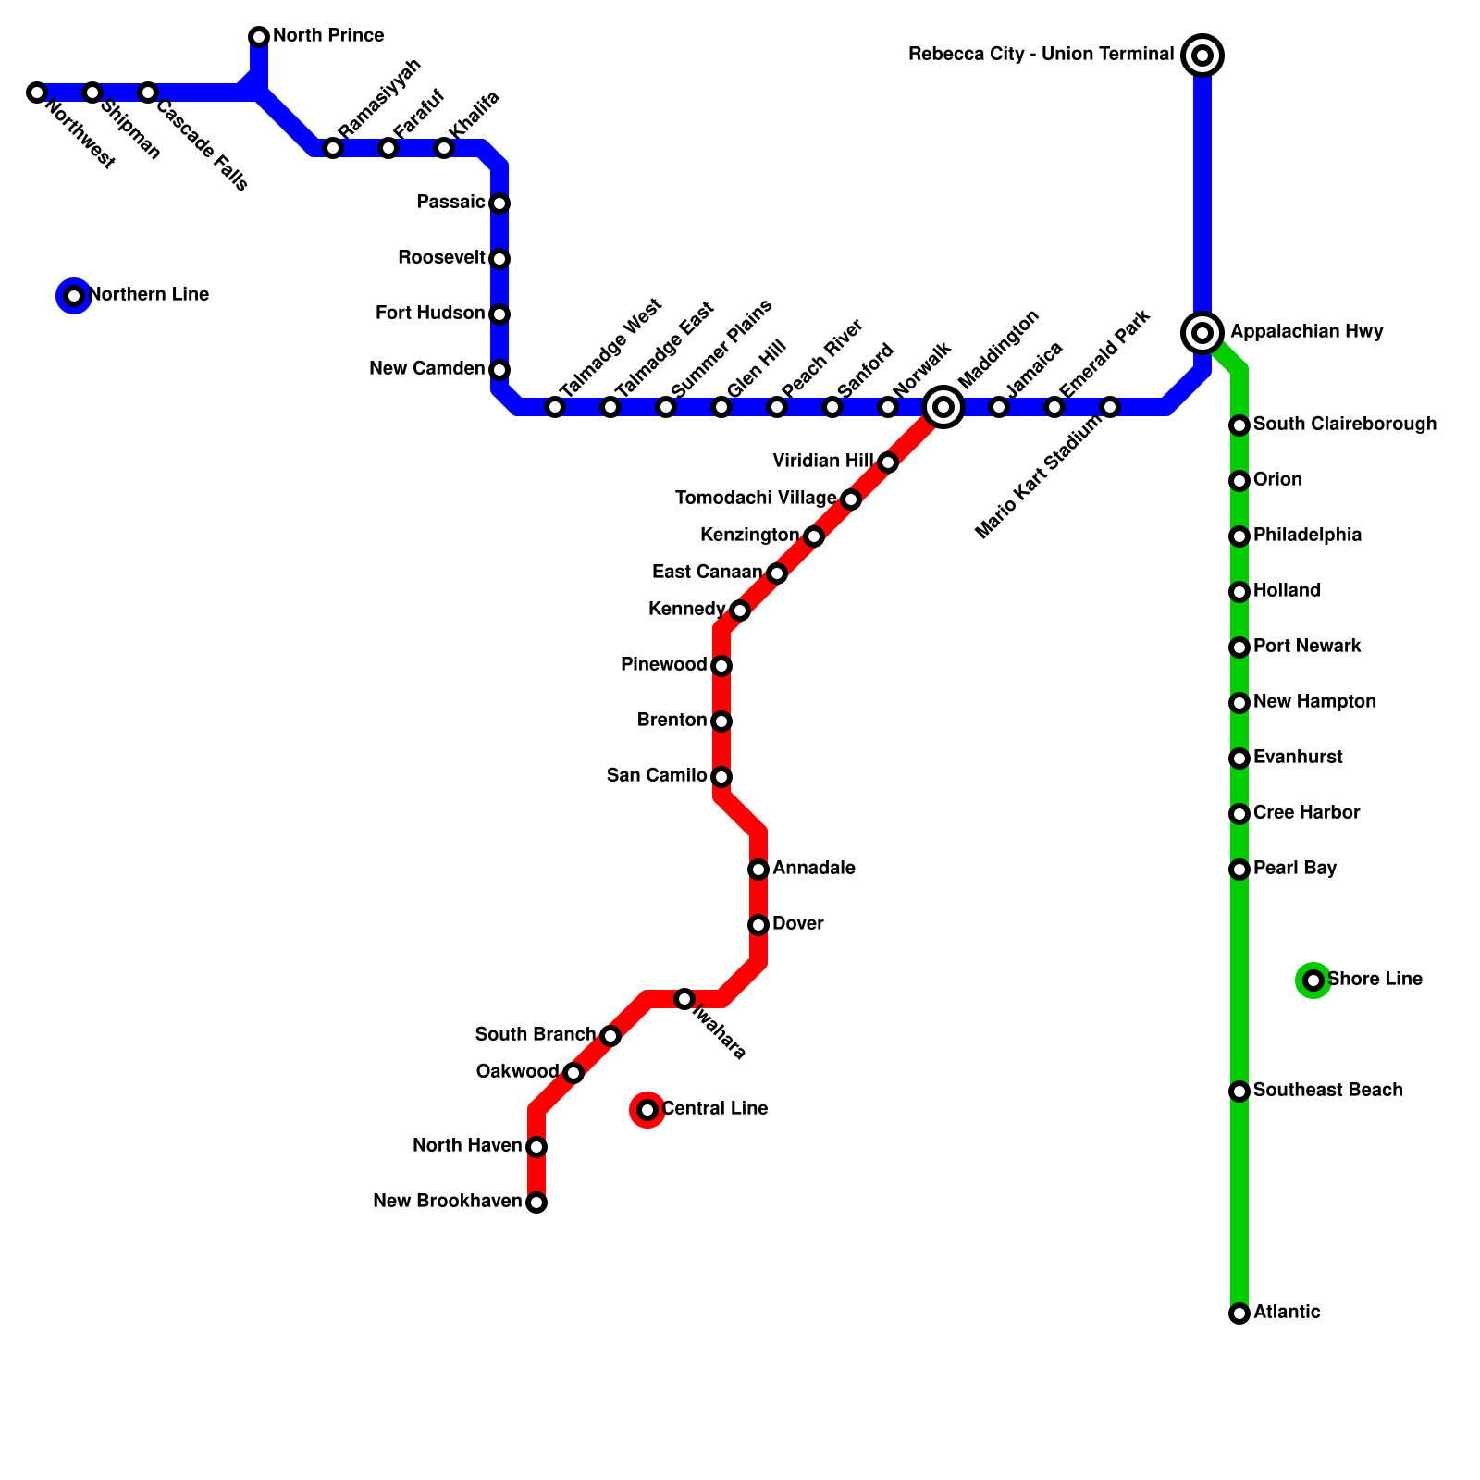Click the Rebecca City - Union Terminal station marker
[x=1202, y=55]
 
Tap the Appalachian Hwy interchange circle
[x=1202, y=332]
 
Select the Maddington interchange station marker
[x=943, y=407]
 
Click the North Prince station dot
[x=259, y=37]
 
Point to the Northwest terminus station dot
[x=37, y=92]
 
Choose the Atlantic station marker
[x=1239, y=1313]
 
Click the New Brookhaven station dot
[x=536, y=1202]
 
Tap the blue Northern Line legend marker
[x=74, y=296]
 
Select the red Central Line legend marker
[x=647, y=1110]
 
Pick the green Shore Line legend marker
[x=1313, y=980]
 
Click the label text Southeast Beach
[x=1327, y=1091]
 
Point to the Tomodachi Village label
[x=756, y=499]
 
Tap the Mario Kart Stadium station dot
[x=1110, y=407]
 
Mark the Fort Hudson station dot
[x=499, y=314]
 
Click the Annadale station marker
[x=758, y=869]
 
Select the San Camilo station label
[x=657, y=776]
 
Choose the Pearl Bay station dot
[x=1239, y=869]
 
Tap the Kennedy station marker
[x=740, y=610]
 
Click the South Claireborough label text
[x=1345, y=425]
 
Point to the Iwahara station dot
[x=684, y=999]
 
